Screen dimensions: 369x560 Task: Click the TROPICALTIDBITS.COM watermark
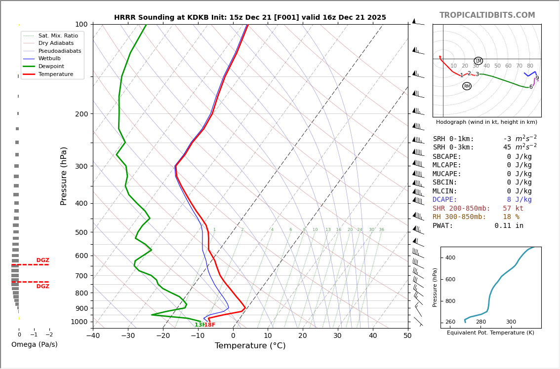coord(487,15)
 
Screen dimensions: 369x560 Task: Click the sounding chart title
coord(250,18)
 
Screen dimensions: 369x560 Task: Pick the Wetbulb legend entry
coord(50,58)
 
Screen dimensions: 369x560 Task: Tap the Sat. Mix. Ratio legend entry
coord(58,36)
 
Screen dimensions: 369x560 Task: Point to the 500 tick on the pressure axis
coord(81,232)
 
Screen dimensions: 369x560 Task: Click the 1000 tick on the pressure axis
coord(80,322)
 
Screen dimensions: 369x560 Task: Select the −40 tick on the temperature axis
coord(93,336)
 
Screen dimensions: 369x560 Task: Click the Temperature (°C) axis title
coord(250,346)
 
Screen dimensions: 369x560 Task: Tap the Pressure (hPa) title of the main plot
coord(64,176)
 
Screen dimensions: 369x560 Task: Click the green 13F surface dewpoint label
coord(199,325)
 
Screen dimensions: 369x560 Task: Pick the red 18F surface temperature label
coord(210,325)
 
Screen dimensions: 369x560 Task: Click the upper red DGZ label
coord(42,260)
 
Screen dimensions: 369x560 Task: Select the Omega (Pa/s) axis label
coord(34,344)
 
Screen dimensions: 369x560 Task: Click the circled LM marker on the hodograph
coord(478,61)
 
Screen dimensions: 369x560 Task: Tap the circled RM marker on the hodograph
coord(467,86)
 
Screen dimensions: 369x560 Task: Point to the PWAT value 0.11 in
coord(509,225)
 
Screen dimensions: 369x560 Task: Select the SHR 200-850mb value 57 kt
coord(513,208)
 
